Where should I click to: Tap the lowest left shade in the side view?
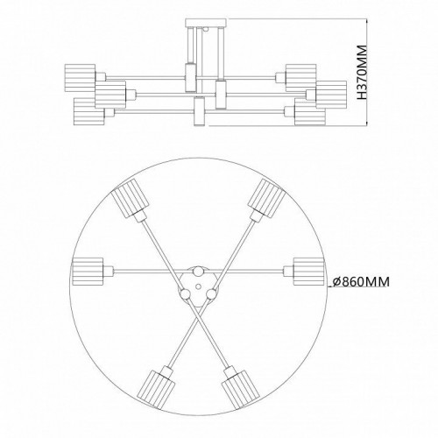click(x=86, y=111)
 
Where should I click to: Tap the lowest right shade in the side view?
click(x=308, y=112)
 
